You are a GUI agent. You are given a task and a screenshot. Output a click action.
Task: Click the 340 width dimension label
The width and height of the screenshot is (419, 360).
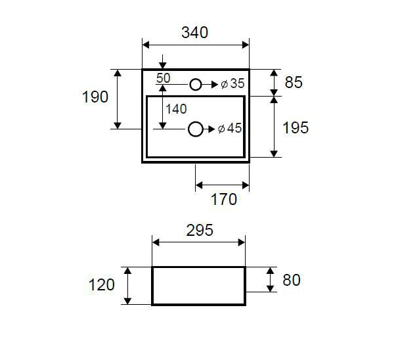[x=194, y=33]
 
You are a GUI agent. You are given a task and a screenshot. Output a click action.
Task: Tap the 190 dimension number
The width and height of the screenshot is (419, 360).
[x=95, y=97]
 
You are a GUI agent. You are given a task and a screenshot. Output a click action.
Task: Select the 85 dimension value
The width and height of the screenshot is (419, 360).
[x=294, y=82]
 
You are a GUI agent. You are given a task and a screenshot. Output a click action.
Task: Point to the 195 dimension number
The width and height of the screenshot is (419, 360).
[x=296, y=127]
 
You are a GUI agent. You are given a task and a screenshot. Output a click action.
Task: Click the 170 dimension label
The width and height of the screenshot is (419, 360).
[x=224, y=199]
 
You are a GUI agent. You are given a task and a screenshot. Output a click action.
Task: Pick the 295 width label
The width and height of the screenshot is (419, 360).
[x=200, y=230]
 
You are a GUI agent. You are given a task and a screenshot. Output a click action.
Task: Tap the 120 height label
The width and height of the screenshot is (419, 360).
[x=102, y=284]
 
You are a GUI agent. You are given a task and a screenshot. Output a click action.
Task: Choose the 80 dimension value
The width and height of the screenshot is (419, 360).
[x=292, y=280]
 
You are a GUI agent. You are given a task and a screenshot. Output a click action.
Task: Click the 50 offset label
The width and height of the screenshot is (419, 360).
[x=164, y=78]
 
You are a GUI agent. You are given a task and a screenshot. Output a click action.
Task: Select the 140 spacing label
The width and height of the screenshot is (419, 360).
[x=176, y=109]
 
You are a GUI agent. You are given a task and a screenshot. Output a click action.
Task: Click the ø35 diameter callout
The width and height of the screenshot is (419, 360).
[x=232, y=83]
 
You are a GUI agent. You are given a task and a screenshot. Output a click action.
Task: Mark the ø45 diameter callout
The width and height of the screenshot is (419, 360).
[x=230, y=128]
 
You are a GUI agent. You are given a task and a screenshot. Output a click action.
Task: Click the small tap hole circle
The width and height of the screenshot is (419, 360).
[x=196, y=85]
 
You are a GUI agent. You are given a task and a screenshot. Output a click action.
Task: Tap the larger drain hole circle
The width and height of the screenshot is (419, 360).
[x=196, y=129]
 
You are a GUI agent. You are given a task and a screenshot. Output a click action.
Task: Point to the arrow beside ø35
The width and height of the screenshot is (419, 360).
[x=209, y=85]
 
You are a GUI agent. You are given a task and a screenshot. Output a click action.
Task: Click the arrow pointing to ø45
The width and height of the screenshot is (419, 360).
[x=209, y=129]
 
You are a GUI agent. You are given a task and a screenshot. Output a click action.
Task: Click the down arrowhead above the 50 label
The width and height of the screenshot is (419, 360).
[x=162, y=65]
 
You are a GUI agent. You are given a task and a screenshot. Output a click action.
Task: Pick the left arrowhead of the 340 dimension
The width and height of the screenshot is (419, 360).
[x=146, y=45]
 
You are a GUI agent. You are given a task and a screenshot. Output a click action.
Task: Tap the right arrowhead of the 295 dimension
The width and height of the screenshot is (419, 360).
[x=242, y=242]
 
